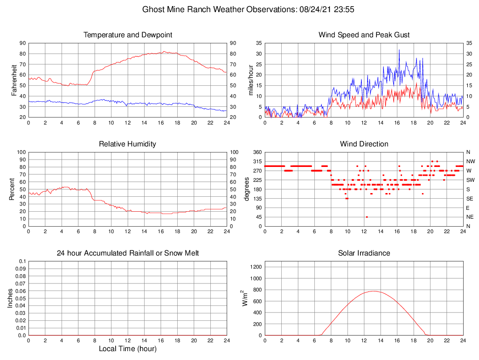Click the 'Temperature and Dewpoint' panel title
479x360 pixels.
pos(127,35)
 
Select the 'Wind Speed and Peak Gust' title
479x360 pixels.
pos(364,35)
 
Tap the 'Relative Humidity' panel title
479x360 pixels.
pos(127,144)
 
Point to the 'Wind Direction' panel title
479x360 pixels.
pos(364,144)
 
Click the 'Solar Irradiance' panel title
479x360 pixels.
pos(364,253)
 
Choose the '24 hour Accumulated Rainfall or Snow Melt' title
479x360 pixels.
pos(127,253)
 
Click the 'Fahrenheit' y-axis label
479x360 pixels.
pos(14,80)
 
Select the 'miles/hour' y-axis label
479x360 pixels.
pos(250,80)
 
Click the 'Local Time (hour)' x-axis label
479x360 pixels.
pos(127,349)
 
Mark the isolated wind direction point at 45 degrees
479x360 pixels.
pos(367,217)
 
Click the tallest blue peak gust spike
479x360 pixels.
pos(399,50)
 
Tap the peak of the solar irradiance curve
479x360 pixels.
pos(374,291)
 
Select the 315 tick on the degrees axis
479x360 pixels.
pos(257,161)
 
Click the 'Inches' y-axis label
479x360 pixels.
pos(10,298)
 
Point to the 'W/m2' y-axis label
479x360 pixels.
pos(245,298)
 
